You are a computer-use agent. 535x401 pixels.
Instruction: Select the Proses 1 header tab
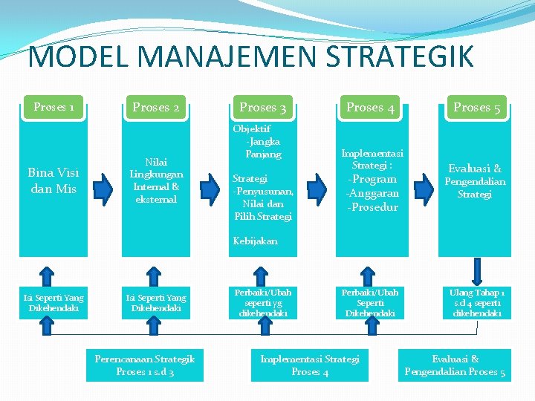[53, 108]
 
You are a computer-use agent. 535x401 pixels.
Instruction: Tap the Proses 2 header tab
[156, 108]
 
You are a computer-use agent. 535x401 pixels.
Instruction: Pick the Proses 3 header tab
[263, 108]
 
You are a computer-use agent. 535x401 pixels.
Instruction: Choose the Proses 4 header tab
[370, 108]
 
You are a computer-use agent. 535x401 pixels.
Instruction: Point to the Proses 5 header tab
[476, 108]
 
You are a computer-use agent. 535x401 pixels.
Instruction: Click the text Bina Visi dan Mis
[53, 180]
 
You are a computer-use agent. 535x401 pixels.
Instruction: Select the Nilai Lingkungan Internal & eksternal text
[156, 180]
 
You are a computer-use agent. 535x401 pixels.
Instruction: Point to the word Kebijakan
[255, 241]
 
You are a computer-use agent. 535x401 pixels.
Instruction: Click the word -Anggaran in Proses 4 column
[372, 193]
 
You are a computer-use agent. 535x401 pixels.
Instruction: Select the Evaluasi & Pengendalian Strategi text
[475, 181]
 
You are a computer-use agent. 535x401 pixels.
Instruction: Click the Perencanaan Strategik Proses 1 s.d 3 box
[145, 365]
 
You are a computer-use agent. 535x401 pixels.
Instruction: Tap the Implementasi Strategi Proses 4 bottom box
[310, 365]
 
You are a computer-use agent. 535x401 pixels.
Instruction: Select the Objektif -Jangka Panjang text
[259, 141]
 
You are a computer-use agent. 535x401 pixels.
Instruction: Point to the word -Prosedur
[372, 207]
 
